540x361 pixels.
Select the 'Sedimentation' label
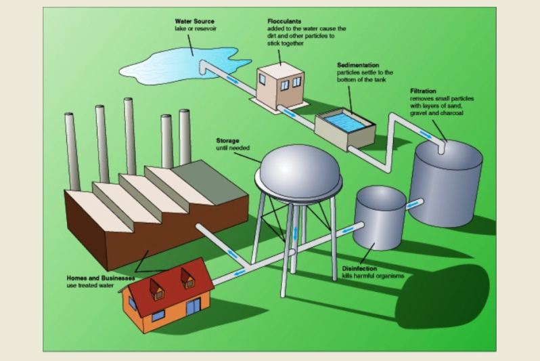358,65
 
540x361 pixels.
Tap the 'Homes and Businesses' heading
100,278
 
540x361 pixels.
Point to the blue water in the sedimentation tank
349,122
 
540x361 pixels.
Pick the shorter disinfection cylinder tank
379,217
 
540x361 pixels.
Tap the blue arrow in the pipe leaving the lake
230,79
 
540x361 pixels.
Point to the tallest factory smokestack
130,135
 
